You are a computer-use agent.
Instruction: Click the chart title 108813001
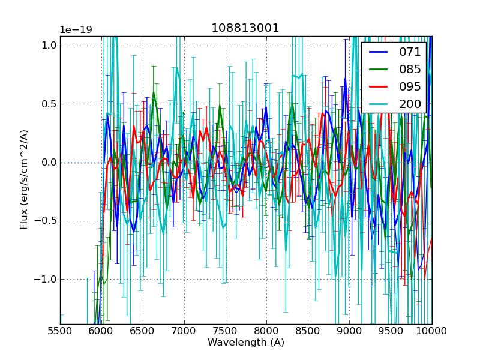tap(245, 28)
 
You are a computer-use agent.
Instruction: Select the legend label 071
tap(410, 52)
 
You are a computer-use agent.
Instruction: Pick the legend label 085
tap(410, 69)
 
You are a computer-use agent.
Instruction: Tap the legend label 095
tap(410, 86)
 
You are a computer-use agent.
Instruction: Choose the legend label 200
tap(410, 104)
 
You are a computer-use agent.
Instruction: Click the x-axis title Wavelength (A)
tap(246, 343)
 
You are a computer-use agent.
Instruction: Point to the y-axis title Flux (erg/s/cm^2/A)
tap(24, 180)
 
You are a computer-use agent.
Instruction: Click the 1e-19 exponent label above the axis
tap(76, 30)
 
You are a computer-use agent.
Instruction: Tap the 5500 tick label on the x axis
tap(60, 331)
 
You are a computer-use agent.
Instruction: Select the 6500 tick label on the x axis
tap(143, 331)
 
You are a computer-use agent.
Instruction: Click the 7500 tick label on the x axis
tap(226, 331)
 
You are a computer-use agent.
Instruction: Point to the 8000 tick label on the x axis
tap(266, 331)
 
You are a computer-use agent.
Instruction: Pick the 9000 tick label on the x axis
tap(349, 331)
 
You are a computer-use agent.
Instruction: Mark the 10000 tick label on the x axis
tap(432, 331)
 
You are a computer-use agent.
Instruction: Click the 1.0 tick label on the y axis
tap(50, 46)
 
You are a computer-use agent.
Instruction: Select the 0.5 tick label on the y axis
tap(50, 104)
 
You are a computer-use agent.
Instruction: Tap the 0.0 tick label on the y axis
tap(50, 163)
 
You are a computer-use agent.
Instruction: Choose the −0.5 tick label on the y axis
tap(47, 221)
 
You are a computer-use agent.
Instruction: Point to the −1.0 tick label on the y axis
tap(47, 279)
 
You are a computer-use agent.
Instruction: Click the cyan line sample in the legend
tap(378, 104)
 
